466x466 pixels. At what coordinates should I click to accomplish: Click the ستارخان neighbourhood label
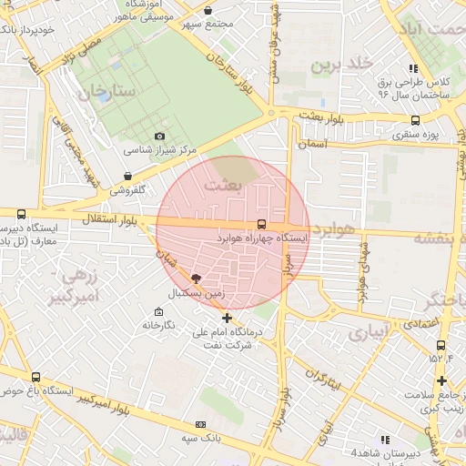106,92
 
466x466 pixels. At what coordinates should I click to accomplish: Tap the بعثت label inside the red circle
225,185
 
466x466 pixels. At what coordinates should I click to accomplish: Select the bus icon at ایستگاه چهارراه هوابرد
262,223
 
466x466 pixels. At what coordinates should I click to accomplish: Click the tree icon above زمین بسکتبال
197,279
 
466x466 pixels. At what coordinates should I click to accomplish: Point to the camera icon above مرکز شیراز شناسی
160,136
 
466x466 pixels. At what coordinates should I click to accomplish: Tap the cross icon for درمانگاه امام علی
227,319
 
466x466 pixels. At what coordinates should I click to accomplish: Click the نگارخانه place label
157,325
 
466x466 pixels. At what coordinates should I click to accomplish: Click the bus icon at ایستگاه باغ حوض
35,378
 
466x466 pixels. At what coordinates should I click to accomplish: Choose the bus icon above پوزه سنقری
416,119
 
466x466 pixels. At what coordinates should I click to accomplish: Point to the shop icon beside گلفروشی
127,176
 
